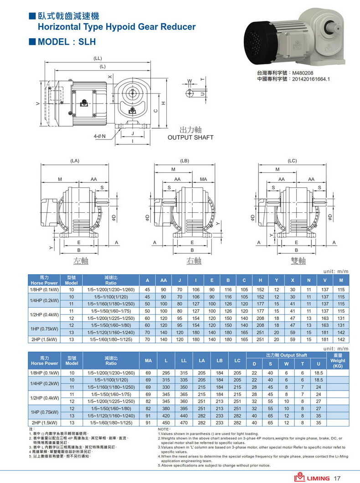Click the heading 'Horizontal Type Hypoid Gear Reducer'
tap(116, 27)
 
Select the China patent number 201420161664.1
tap(310, 79)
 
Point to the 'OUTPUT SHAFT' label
tap(190, 138)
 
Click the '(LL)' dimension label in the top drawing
tap(98, 59)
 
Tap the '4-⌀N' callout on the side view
tap(99, 136)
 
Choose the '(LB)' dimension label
tap(184, 161)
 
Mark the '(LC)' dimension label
tap(292, 161)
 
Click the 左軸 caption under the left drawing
tap(81, 261)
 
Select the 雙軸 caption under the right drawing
tap(298, 261)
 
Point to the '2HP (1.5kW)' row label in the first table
tap(44, 339)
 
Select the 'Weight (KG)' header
tap(338, 361)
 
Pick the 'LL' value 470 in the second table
tap(184, 423)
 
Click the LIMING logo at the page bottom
tap(312, 478)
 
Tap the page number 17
tap(338, 478)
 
